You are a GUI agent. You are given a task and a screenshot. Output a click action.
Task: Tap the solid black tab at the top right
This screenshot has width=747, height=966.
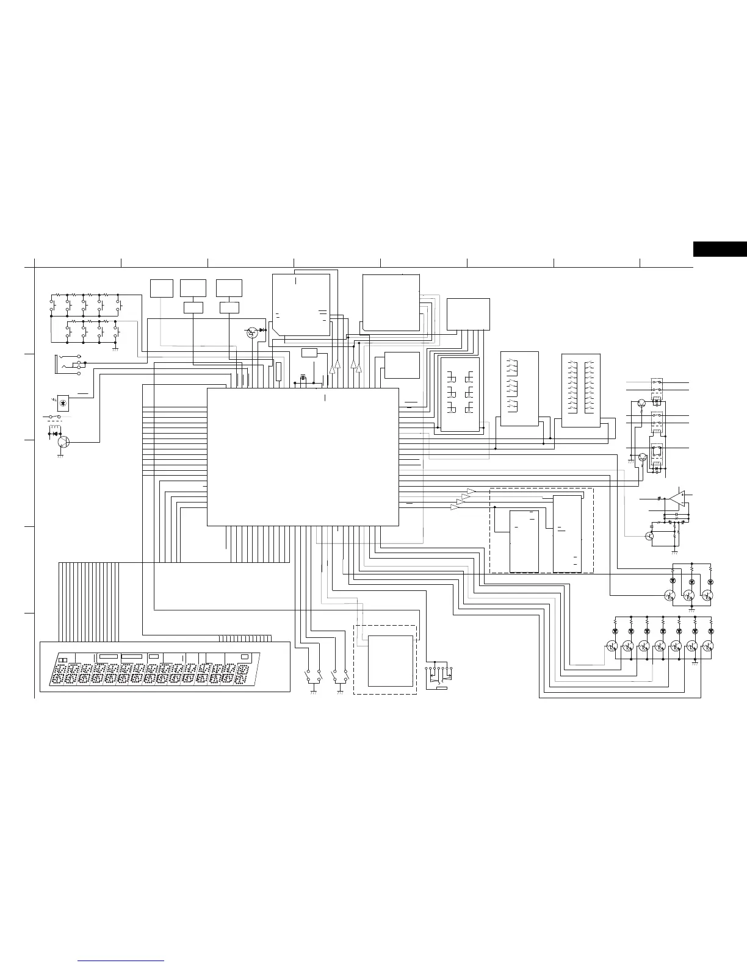[x=720, y=249]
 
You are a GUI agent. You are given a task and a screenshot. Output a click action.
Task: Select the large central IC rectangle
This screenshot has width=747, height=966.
[x=303, y=456]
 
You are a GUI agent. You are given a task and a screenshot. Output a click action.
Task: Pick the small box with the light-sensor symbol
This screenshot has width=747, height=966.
[x=63, y=402]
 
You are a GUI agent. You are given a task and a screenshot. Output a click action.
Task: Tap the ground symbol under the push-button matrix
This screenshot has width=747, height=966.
[x=115, y=349]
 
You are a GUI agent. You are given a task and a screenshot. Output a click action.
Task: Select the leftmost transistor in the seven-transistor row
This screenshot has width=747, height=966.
[x=612, y=646]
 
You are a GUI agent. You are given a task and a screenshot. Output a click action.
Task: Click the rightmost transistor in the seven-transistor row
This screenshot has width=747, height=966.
[x=709, y=646]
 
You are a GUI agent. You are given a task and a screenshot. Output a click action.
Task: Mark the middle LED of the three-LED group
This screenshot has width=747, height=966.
[x=691, y=581]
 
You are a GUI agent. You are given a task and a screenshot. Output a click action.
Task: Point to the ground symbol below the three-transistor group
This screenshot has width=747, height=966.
[x=691, y=608]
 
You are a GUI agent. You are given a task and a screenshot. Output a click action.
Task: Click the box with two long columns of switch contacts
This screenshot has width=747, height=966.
[x=581, y=390]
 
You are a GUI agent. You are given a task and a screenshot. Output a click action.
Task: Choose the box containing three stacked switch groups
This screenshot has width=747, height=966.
[x=519, y=388]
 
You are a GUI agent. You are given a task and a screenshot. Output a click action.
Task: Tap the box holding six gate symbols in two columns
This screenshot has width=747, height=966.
[x=460, y=394]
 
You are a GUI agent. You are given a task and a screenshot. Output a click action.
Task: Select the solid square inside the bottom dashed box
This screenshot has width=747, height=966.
[x=391, y=660]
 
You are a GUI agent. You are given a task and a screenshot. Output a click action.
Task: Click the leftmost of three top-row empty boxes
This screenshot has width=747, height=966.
[x=162, y=288]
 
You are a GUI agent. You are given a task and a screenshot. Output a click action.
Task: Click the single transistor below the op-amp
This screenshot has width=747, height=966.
[x=649, y=535]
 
